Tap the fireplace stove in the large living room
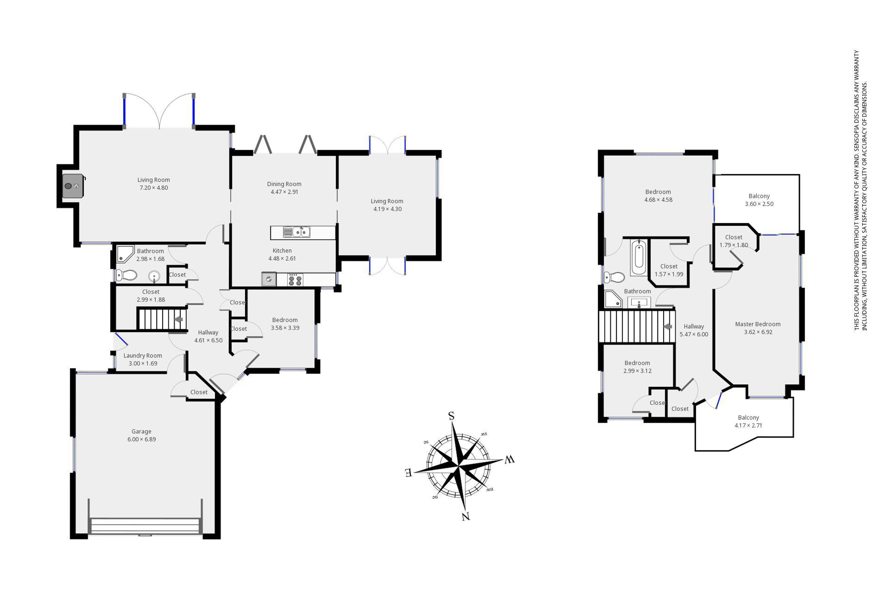(x=72, y=186)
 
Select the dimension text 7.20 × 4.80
(x=153, y=188)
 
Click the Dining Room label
(x=284, y=184)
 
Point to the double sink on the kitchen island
(x=297, y=232)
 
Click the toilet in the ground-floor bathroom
(x=126, y=275)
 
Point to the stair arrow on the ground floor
(x=178, y=319)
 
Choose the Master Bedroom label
(x=758, y=324)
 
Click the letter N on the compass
(x=466, y=516)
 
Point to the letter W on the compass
(x=510, y=459)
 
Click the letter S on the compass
(x=451, y=416)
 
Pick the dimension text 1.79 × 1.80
(x=734, y=245)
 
